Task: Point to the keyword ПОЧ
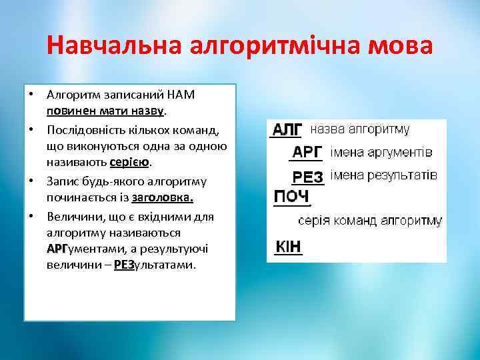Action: pos(291,197)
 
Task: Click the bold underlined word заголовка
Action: pos(163,198)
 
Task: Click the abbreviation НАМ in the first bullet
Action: pos(181,94)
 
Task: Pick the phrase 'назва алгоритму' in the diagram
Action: pos(360,129)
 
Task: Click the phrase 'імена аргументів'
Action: pos(381,152)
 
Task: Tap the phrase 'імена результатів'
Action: pos(384,175)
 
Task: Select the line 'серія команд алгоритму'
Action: pos(370,220)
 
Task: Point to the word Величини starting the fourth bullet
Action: pos(73,216)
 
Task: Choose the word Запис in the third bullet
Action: pos(63,181)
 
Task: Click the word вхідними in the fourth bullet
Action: pos(171,216)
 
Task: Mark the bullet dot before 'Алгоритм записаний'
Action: pos(30,91)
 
